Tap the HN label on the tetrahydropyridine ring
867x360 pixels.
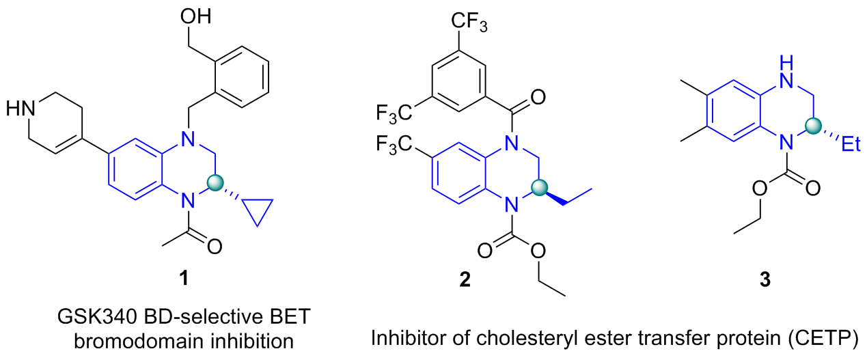point(20,108)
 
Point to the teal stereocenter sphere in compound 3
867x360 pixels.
point(812,126)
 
